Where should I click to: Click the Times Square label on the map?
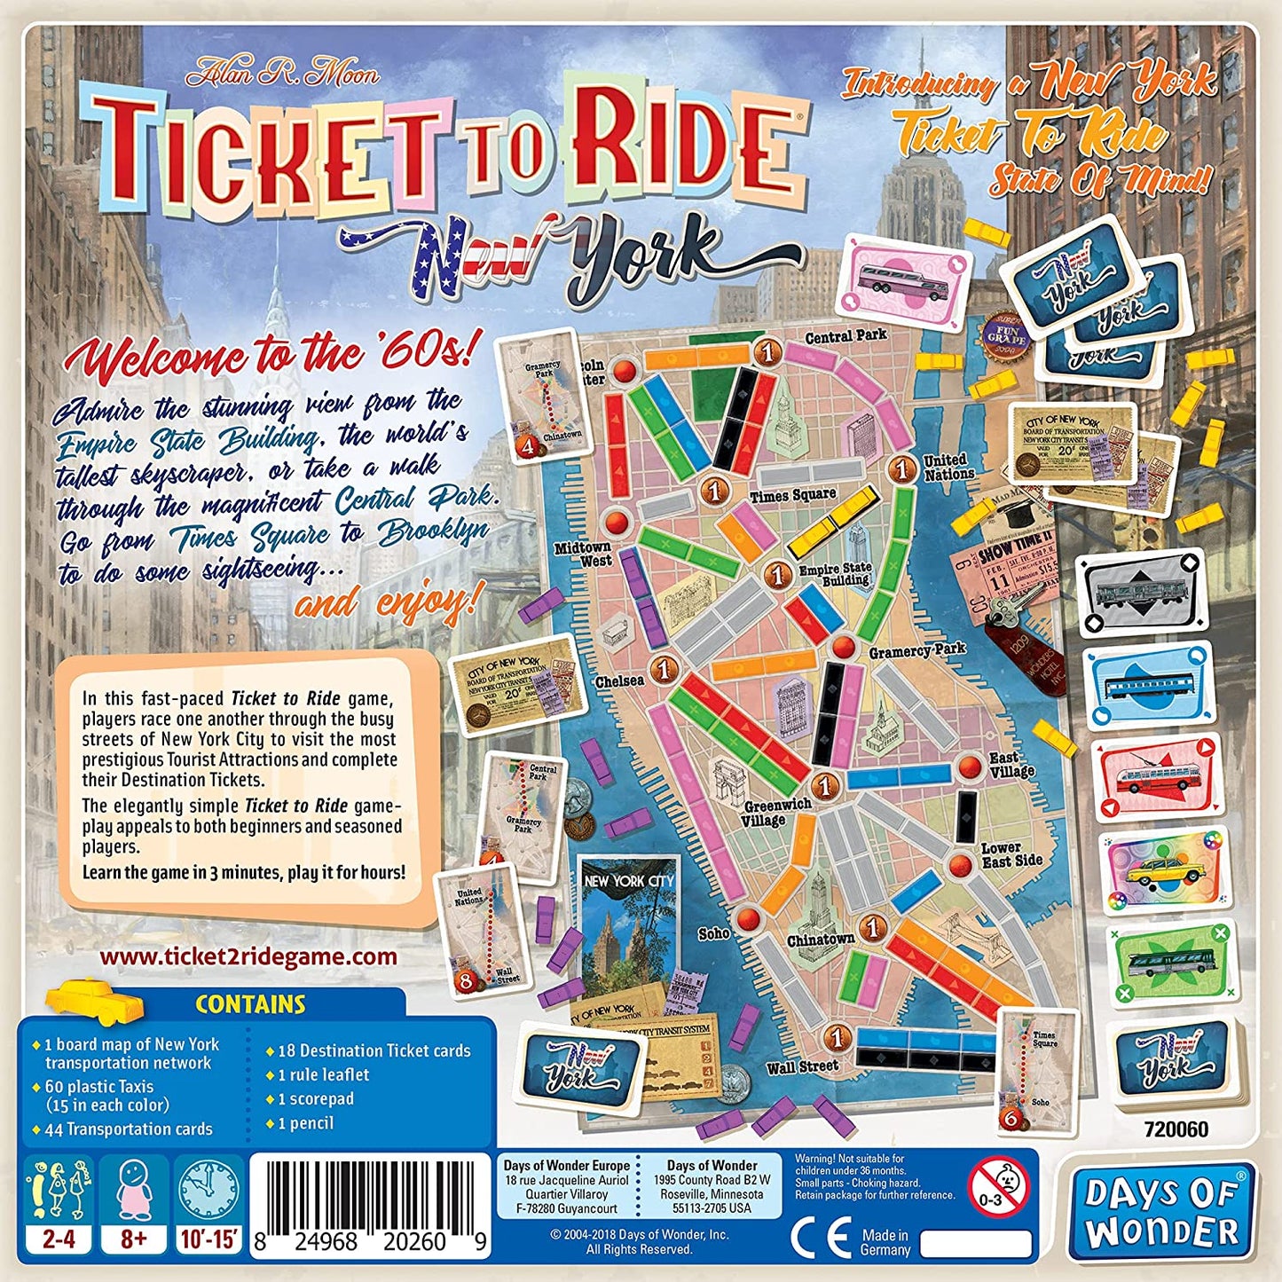793,495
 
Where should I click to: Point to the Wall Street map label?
803,1066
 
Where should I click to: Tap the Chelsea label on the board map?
620,680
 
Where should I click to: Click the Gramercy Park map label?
916,650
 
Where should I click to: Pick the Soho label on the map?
713,932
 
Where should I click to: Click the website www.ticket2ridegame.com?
248,956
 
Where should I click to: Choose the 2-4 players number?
59,1239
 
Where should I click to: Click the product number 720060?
1176,1129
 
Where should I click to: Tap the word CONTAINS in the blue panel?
250,1004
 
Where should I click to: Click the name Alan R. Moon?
282,73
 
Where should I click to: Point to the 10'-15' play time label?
209,1239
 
